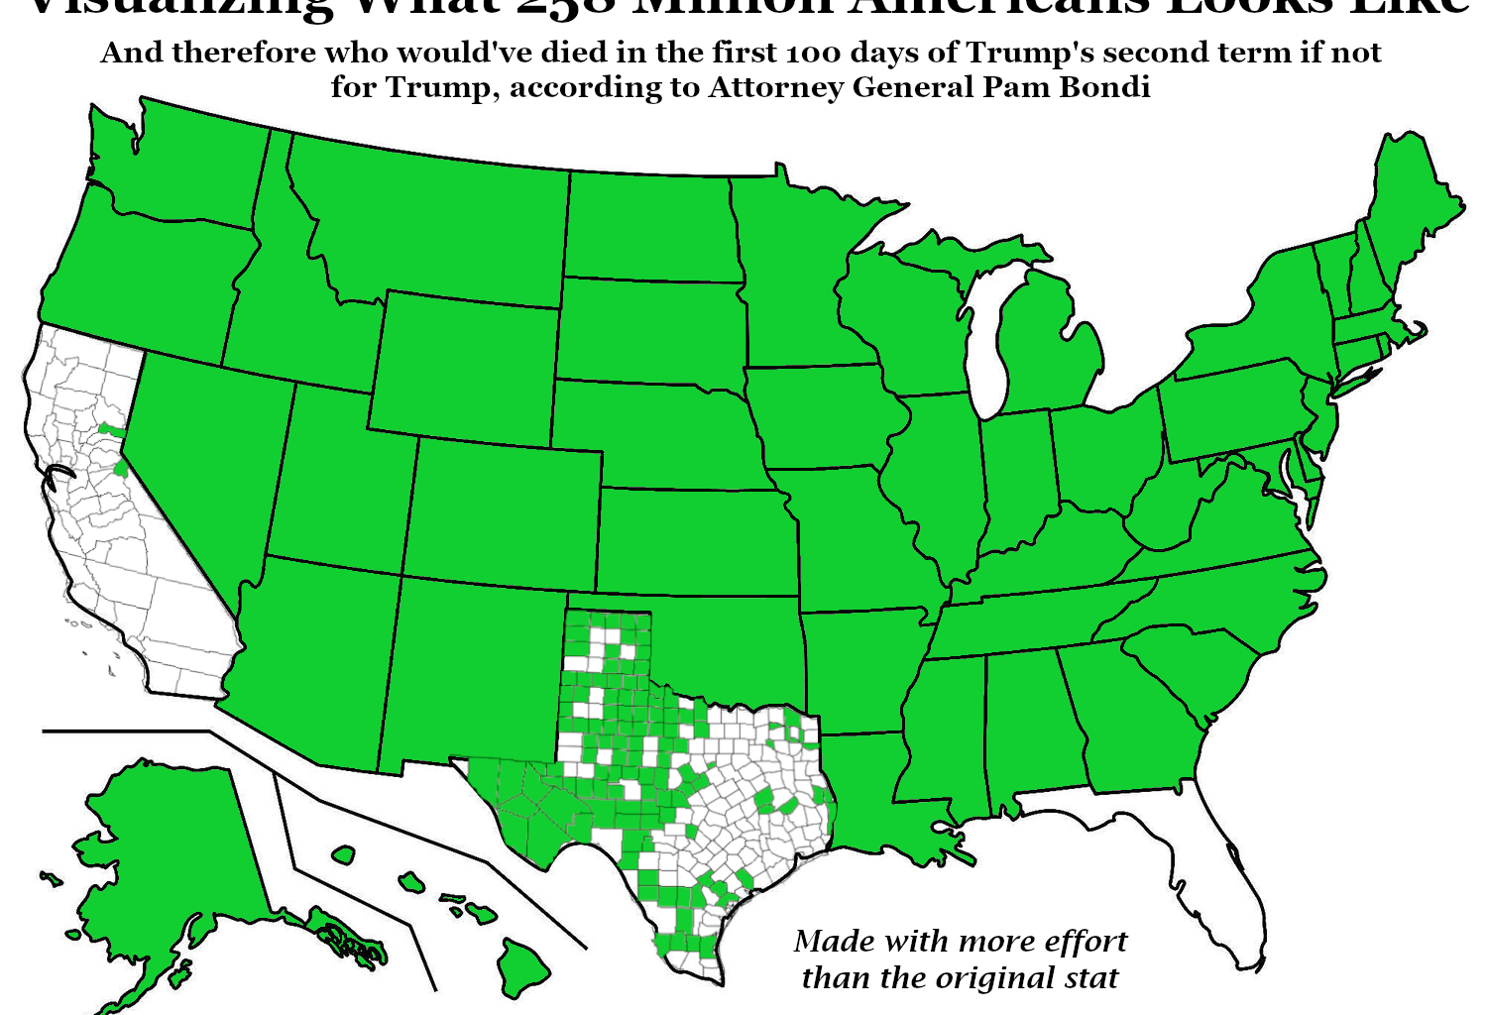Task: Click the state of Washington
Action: tap(178, 169)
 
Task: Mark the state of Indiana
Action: tap(1016, 476)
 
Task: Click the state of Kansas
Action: tap(694, 540)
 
